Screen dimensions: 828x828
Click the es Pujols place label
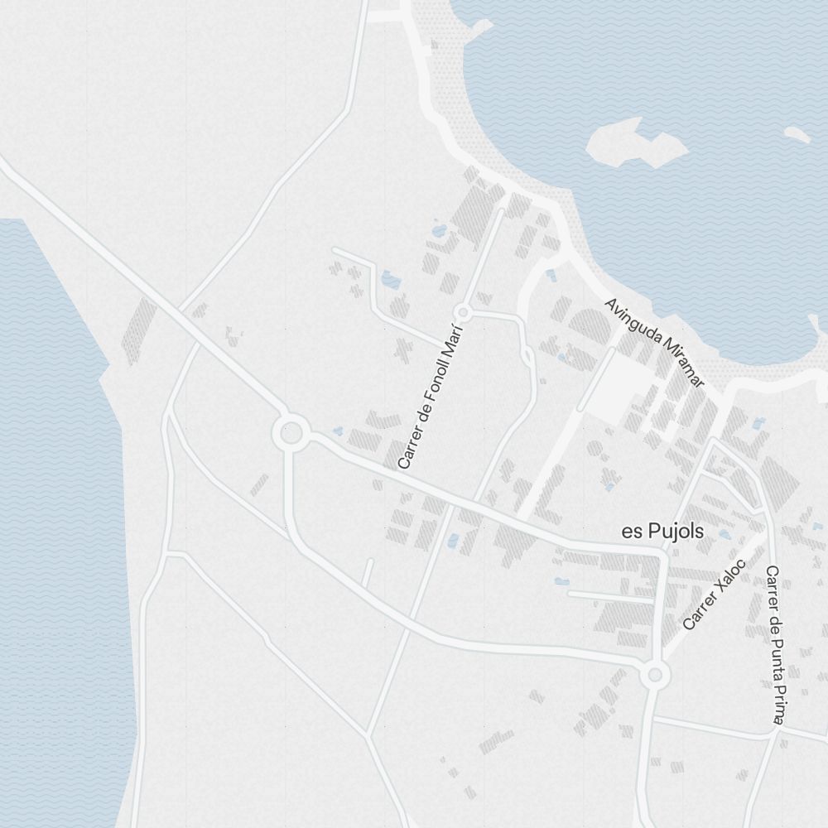pos(662,532)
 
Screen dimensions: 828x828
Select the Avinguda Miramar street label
pos(654,343)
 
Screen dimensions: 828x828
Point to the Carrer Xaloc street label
pos(715,595)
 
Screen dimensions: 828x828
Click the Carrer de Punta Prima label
pos(774,644)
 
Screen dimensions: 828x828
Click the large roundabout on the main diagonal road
pos(291,431)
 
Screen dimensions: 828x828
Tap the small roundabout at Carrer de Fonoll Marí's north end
pos(463,313)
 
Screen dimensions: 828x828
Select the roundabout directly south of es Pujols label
pos(655,675)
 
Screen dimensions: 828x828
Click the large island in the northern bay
pos(636,145)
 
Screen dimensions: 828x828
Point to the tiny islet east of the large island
pos(797,133)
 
